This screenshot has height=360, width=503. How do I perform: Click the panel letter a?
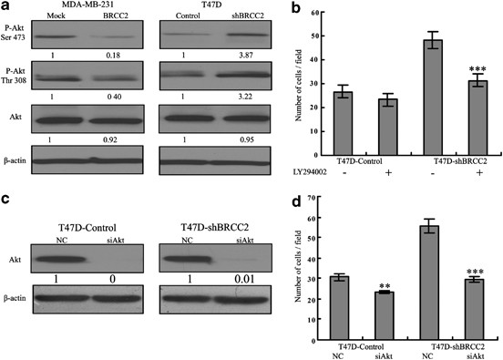click(7, 7)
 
